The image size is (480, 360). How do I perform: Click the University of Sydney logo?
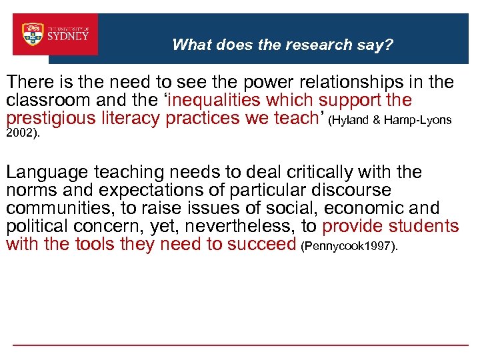[x=55, y=35]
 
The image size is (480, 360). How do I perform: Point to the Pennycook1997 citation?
[x=349, y=247]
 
